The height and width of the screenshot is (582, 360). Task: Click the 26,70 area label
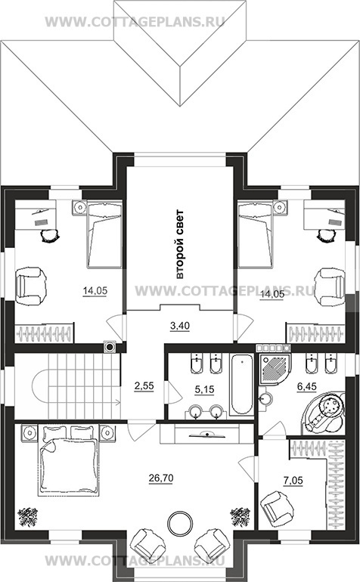(x=161, y=478)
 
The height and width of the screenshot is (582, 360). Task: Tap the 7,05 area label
(x=293, y=481)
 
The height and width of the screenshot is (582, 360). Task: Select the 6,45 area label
(x=306, y=387)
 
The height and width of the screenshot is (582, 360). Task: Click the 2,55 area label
(x=144, y=386)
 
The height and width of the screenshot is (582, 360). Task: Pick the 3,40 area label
(x=180, y=326)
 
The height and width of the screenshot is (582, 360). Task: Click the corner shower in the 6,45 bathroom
(x=275, y=367)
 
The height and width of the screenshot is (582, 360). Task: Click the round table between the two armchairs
(x=180, y=523)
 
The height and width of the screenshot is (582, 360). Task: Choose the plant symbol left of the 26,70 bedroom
(x=27, y=517)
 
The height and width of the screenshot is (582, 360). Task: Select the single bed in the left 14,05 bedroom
(x=104, y=234)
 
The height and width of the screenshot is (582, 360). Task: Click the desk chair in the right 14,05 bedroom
(x=327, y=235)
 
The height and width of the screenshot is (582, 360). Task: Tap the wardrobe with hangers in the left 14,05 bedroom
(x=44, y=333)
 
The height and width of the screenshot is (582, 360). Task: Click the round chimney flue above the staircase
(x=110, y=347)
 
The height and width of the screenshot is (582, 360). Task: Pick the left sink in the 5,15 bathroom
(x=195, y=411)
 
